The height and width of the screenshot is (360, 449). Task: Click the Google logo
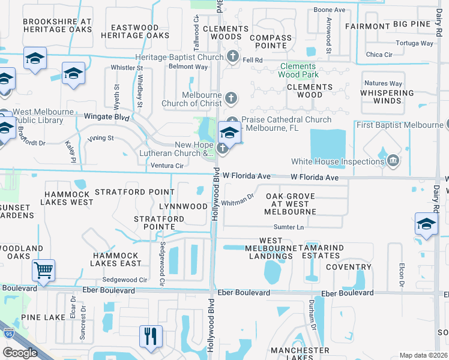pyautogui.click(x=20, y=353)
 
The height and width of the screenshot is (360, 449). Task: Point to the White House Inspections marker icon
pyautogui.click(x=393, y=161)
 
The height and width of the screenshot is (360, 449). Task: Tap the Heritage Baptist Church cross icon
pyautogui.click(x=233, y=56)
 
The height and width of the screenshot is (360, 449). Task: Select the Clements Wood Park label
pyautogui.click(x=297, y=70)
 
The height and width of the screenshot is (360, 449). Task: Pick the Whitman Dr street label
pyautogui.click(x=238, y=201)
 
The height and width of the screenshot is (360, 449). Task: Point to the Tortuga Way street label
pyautogui.click(x=415, y=43)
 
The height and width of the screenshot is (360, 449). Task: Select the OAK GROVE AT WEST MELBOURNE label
pyautogui.click(x=291, y=204)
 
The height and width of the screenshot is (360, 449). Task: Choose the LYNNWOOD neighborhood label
pyautogui.click(x=183, y=206)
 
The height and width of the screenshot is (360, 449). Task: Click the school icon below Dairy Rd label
pyautogui.click(x=426, y=223)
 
